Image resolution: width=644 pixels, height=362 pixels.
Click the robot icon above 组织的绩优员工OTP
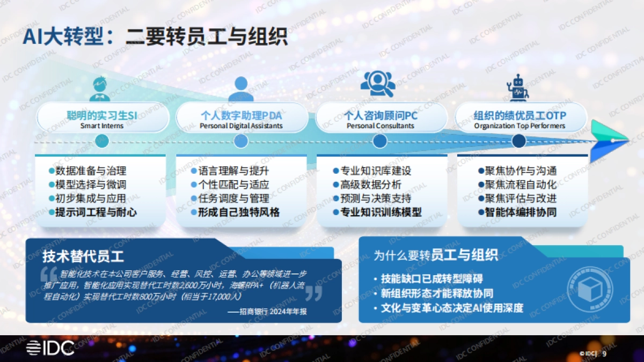click(x=518, y=88)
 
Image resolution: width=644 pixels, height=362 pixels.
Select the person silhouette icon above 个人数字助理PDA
click(x=241, y=89)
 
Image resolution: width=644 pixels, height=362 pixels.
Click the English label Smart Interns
click(x=102, y=126)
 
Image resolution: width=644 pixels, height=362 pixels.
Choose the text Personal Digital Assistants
click(x=241, y=126)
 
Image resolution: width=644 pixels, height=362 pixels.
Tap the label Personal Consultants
click(x=380, y=126)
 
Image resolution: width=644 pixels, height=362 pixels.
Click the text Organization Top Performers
click(x=519, y=126)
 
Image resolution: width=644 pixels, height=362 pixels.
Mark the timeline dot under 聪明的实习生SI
click(x=101, y=141)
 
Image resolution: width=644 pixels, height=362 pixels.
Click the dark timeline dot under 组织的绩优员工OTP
click(x=518, y=141)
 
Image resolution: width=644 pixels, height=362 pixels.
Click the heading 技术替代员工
click(x=83, y=255)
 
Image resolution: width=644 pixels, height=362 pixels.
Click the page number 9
click(x=605, y=353)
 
